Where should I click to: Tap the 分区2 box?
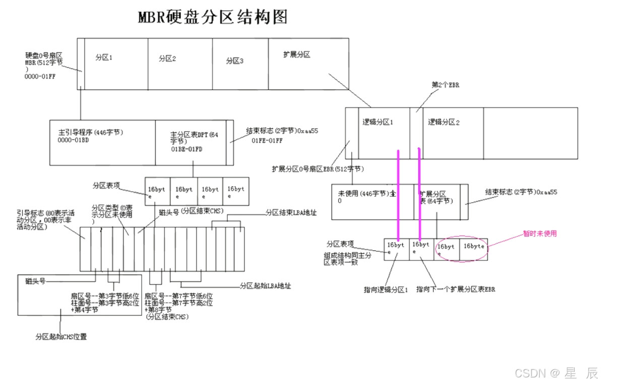[180, 64]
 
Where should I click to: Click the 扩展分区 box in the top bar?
[308, 64]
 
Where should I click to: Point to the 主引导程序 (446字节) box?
[103, 142]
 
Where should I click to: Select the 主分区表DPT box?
[191, 142]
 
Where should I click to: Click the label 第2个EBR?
[446, 85]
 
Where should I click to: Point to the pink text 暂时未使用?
[540, 234]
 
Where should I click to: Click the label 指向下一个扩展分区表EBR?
[455, 290]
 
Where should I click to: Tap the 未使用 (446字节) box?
[372, 201]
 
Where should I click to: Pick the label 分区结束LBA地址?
[291, 213]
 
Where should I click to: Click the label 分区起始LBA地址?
[265, 286]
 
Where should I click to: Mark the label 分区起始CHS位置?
[61, 336]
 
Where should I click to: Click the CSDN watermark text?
[556, 373]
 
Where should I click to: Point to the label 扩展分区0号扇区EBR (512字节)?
[318, 169]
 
